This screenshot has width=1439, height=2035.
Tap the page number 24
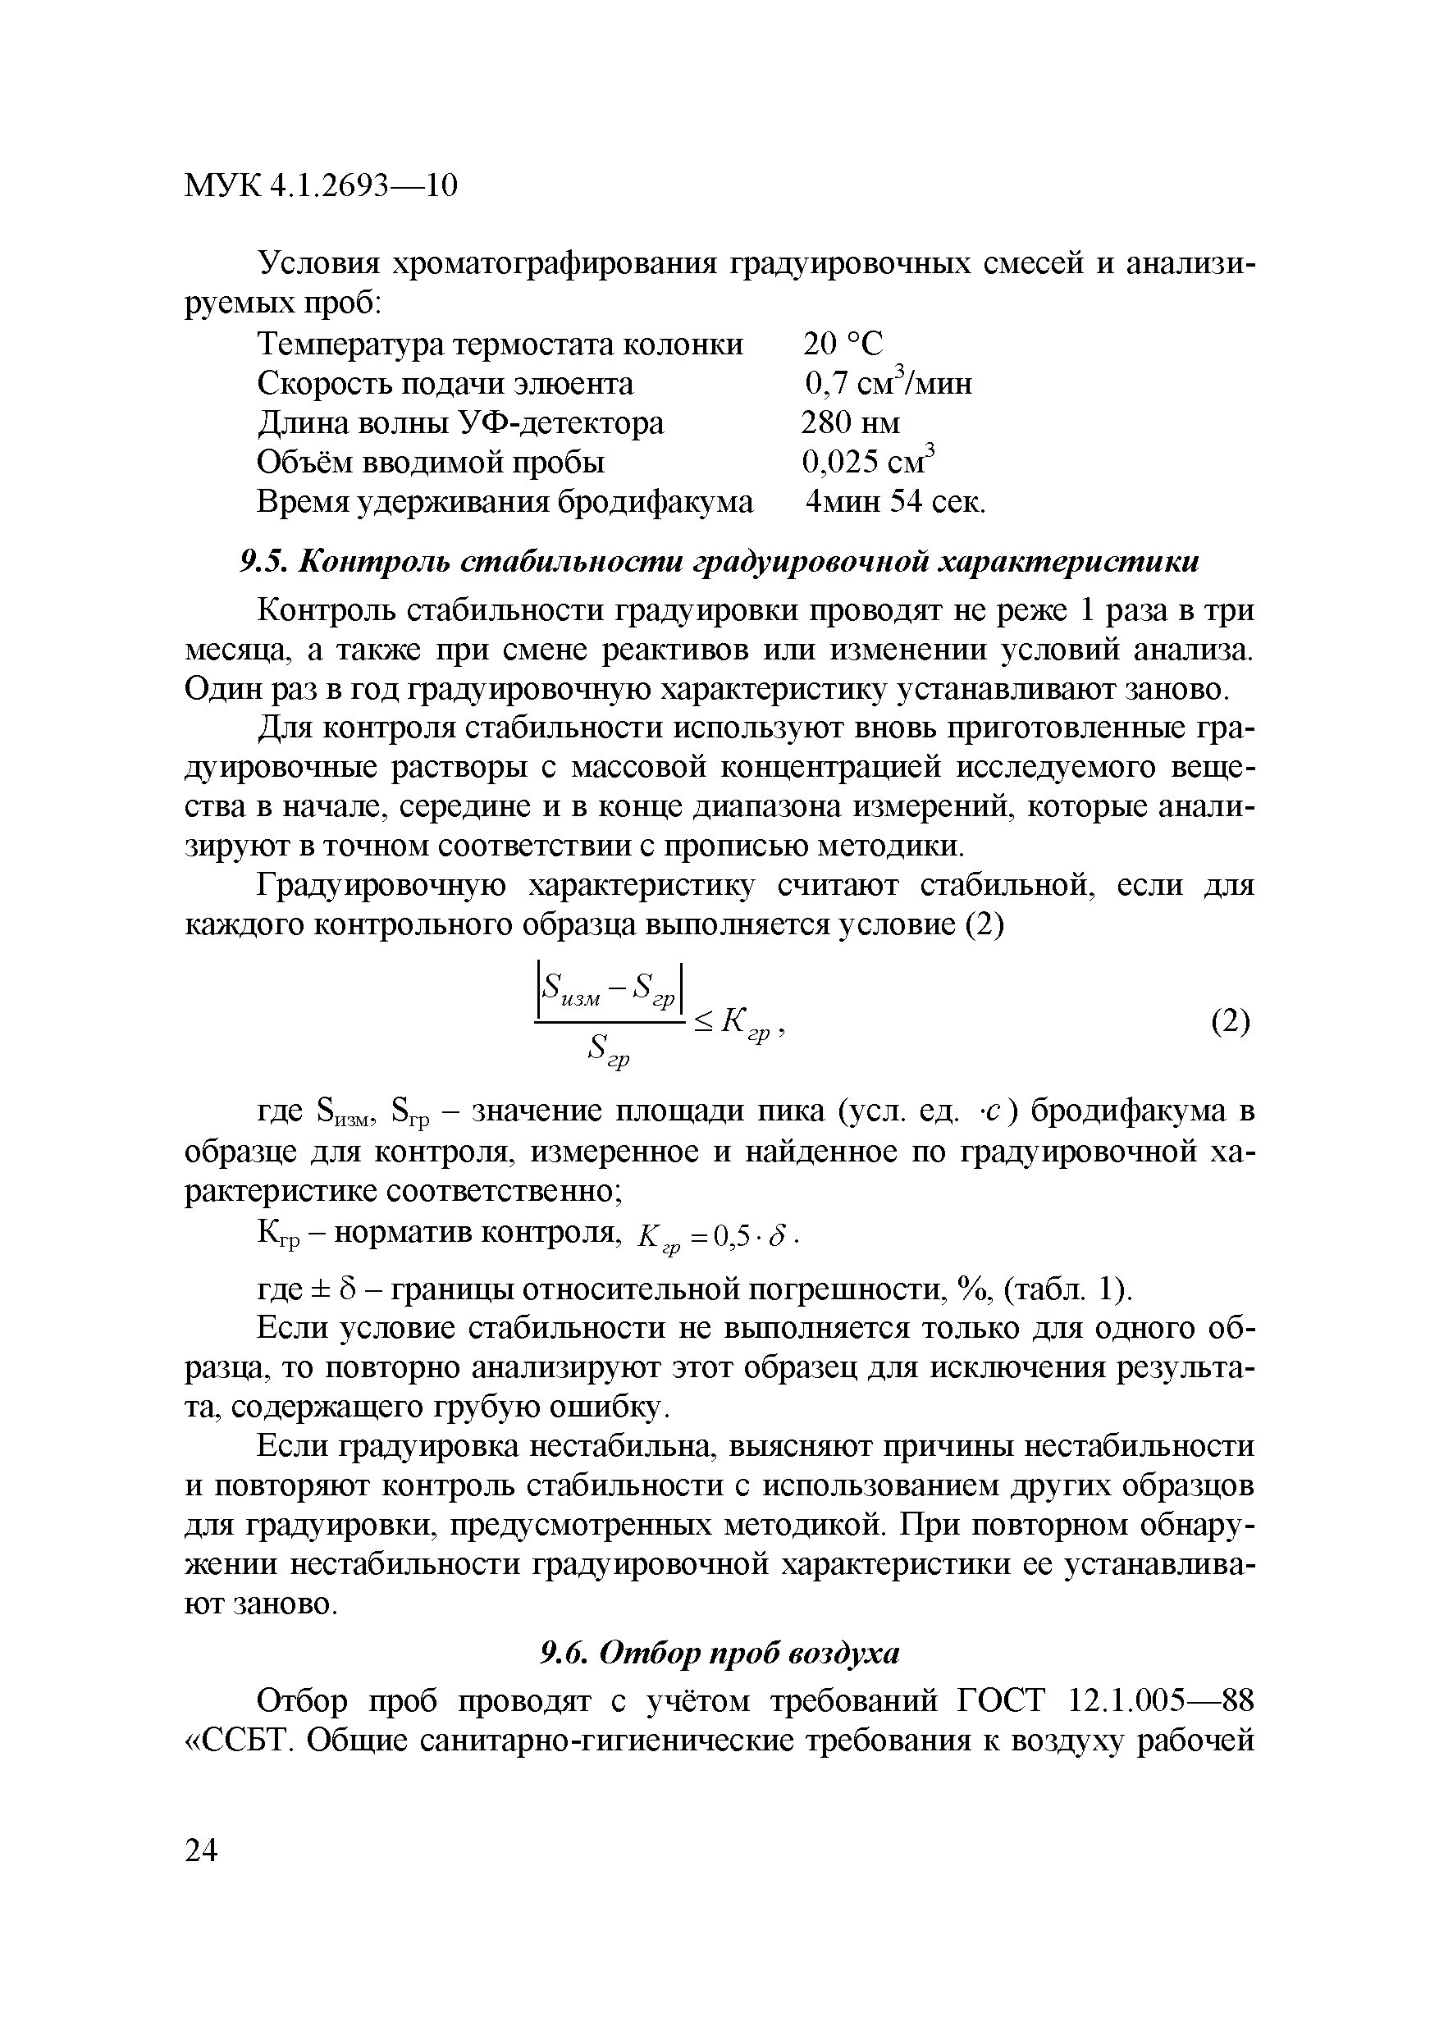[201, 1850]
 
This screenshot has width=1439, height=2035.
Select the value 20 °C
[843, 344]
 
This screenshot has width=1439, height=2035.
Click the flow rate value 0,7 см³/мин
[888, 383]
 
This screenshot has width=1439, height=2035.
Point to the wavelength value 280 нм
[849, 422]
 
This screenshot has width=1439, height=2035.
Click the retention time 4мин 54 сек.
[894, 502]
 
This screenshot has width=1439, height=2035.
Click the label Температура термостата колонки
[500, 344]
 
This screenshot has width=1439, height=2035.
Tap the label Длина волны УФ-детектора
[460, 422]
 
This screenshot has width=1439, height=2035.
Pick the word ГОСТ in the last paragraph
[1003, 1701]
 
